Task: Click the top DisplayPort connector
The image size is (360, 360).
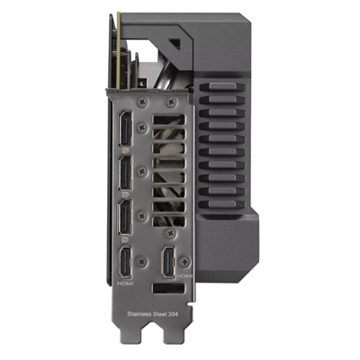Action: click(125, 129)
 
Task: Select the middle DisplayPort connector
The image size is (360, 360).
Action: click(125, 173)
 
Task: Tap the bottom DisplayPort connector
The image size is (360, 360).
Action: click(125, 217)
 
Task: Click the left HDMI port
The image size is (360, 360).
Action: click(125, 263)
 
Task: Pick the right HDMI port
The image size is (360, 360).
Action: click(168, 263)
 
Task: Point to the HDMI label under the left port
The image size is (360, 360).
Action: click(124, 283)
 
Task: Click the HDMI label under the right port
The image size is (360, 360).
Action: click(184, 275)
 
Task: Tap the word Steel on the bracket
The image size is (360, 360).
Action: click(160, 314)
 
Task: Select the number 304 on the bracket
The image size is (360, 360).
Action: click(174, 314)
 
